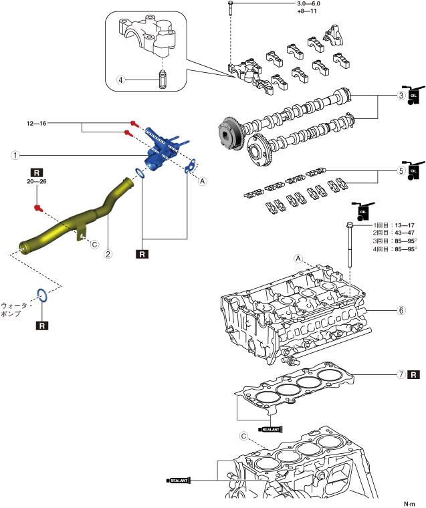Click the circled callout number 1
[15, 155]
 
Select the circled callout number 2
[108, 254]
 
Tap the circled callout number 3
[401, 96]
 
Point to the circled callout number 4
[120, 80]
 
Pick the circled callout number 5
[401, 170]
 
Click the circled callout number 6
[401, 310]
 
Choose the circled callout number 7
[401, 374]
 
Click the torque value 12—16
[36, 123]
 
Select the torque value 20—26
[36, 181]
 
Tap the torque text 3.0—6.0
[309, 4]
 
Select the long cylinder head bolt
[350, 245]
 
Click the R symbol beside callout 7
[414, 374]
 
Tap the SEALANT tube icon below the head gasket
[271, 430]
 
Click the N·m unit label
[409, 504]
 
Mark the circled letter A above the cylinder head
[298, 259]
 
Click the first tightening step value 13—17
[405, 225]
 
